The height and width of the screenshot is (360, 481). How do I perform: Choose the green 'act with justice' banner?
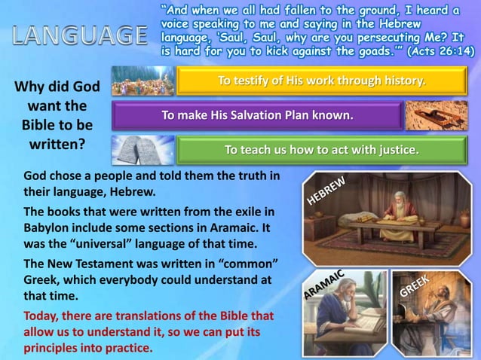[x=321, y=150]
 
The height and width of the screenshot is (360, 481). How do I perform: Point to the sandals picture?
[x=436, y=115]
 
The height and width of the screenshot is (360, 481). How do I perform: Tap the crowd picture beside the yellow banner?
[x=141, y=81]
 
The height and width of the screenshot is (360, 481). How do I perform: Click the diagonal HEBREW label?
[x=325, y=189]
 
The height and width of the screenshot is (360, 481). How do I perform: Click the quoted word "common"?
[x=245, y=264]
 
